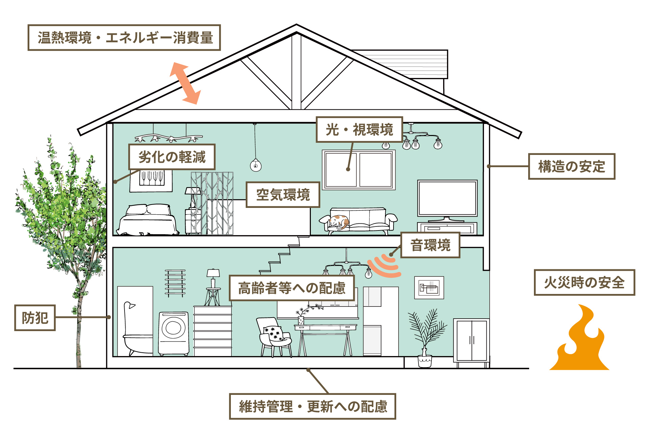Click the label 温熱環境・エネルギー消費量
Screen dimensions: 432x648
click(x=124, y=37)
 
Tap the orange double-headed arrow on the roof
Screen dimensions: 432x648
click(x=185, y=83)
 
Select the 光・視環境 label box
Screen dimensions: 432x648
click(x=359, y=130)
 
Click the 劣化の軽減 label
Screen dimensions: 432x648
click(x=172, y=157)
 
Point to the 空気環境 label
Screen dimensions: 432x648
click(x=283, y=195)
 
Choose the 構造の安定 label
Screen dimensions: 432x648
click(x=571, y=166)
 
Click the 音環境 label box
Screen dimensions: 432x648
click(x=430, y=245)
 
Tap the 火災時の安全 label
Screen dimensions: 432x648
click(x=584, y=282)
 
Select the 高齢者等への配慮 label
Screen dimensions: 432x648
click(x=292, y=288)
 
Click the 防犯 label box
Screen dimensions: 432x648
click(x=35, y=318)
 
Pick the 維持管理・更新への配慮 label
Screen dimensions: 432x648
click(x=313, y=406)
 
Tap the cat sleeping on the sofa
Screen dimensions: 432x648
click(x=339, y=221)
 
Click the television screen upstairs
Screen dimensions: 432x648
click(x=447, y=198)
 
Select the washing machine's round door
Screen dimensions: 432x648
click(x=173, y=328)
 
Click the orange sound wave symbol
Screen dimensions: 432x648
click(x=385, y=266)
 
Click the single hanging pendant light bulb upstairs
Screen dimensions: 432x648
click(x=255, y=165)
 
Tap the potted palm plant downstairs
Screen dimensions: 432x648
click(x=426, y=334)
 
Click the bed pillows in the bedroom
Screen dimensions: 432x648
click(x=148, y=210)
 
